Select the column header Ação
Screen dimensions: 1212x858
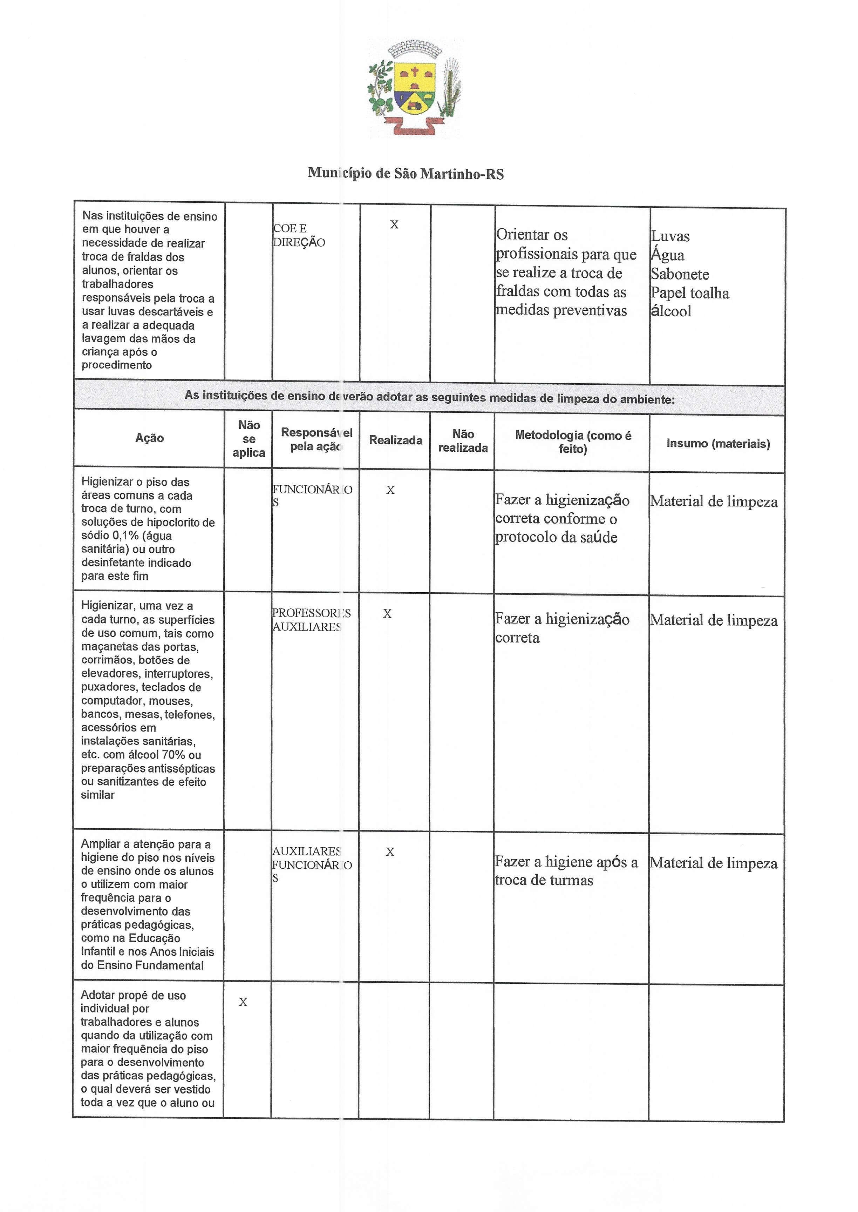[x=150, y=438]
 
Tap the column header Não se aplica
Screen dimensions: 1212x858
[x=249, y=439]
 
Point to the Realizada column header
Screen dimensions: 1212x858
[x=395, y=440]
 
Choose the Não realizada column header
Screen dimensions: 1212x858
[x=463, y=441]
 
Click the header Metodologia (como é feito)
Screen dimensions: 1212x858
[x=573, y=442]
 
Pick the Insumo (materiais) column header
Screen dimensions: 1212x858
[x=718, y=444]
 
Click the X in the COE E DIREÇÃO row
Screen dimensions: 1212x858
[x=394, y=225]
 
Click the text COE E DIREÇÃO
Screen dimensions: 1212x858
[x=299, y=235]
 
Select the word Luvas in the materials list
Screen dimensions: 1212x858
[x=670, y=236]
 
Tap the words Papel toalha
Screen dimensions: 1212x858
[x=689, y=293]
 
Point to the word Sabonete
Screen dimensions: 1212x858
[x=680, y=274]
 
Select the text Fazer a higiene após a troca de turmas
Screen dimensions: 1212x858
[x=566, y=870]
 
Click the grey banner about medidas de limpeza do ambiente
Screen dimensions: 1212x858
[x=429, y=397]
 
